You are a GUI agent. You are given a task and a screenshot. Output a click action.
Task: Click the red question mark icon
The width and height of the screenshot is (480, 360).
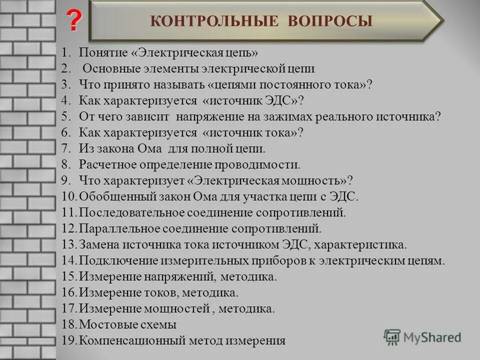click(x=73, y=21)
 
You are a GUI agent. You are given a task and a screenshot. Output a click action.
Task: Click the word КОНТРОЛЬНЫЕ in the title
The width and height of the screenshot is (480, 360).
click(x=214, y=21)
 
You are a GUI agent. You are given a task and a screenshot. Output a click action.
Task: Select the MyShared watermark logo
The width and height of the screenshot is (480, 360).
click(x=422, y=337)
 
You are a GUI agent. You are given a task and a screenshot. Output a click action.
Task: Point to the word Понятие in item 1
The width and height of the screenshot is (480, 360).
click(x=100, y=52)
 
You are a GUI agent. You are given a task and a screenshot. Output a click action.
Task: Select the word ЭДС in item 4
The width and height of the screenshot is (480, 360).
click(x=282, y=100)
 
